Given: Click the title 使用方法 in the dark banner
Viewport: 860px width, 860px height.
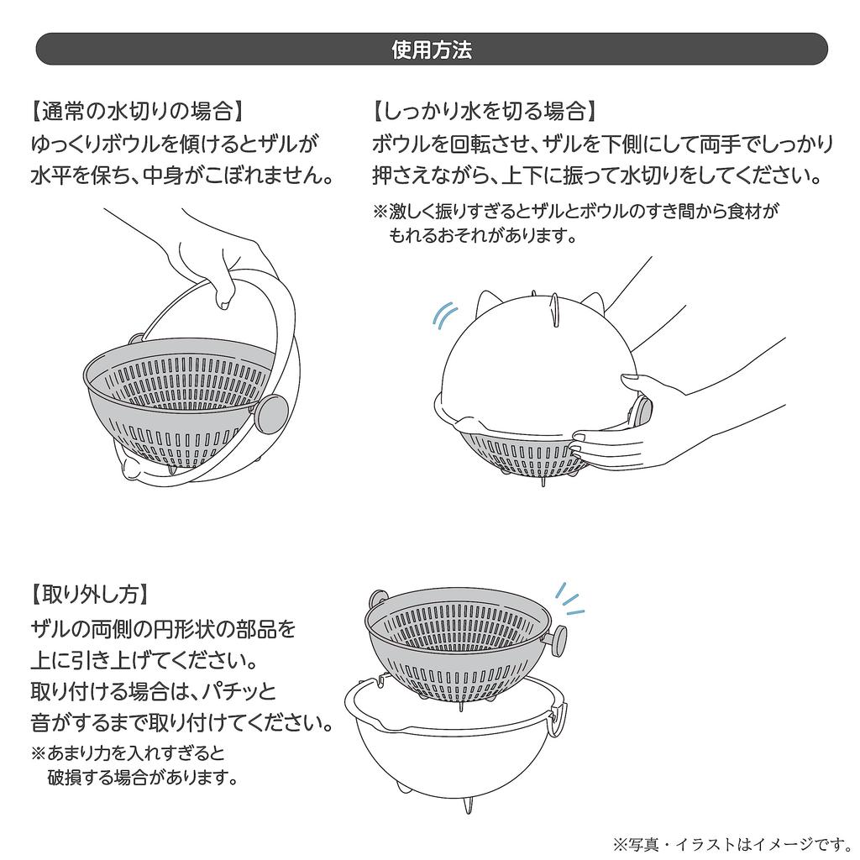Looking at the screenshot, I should [431, 50].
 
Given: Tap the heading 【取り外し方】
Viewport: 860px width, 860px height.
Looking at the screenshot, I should [91, 595].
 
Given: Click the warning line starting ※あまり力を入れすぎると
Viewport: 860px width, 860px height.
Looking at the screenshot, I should [128, 751].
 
